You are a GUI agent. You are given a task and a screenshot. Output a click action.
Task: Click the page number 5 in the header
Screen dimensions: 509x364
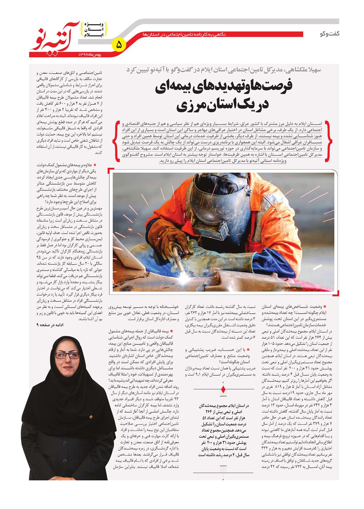point(119,45)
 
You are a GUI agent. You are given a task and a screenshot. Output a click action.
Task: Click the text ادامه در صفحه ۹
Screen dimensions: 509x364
point(50,325)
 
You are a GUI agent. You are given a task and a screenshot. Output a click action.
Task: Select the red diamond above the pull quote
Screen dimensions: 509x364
point(223,390)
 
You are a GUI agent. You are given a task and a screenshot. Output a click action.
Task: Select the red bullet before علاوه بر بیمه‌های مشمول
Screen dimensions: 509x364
point(95,165)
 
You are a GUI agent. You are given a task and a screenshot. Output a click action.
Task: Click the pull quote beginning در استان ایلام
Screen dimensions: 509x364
point(223,430)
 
